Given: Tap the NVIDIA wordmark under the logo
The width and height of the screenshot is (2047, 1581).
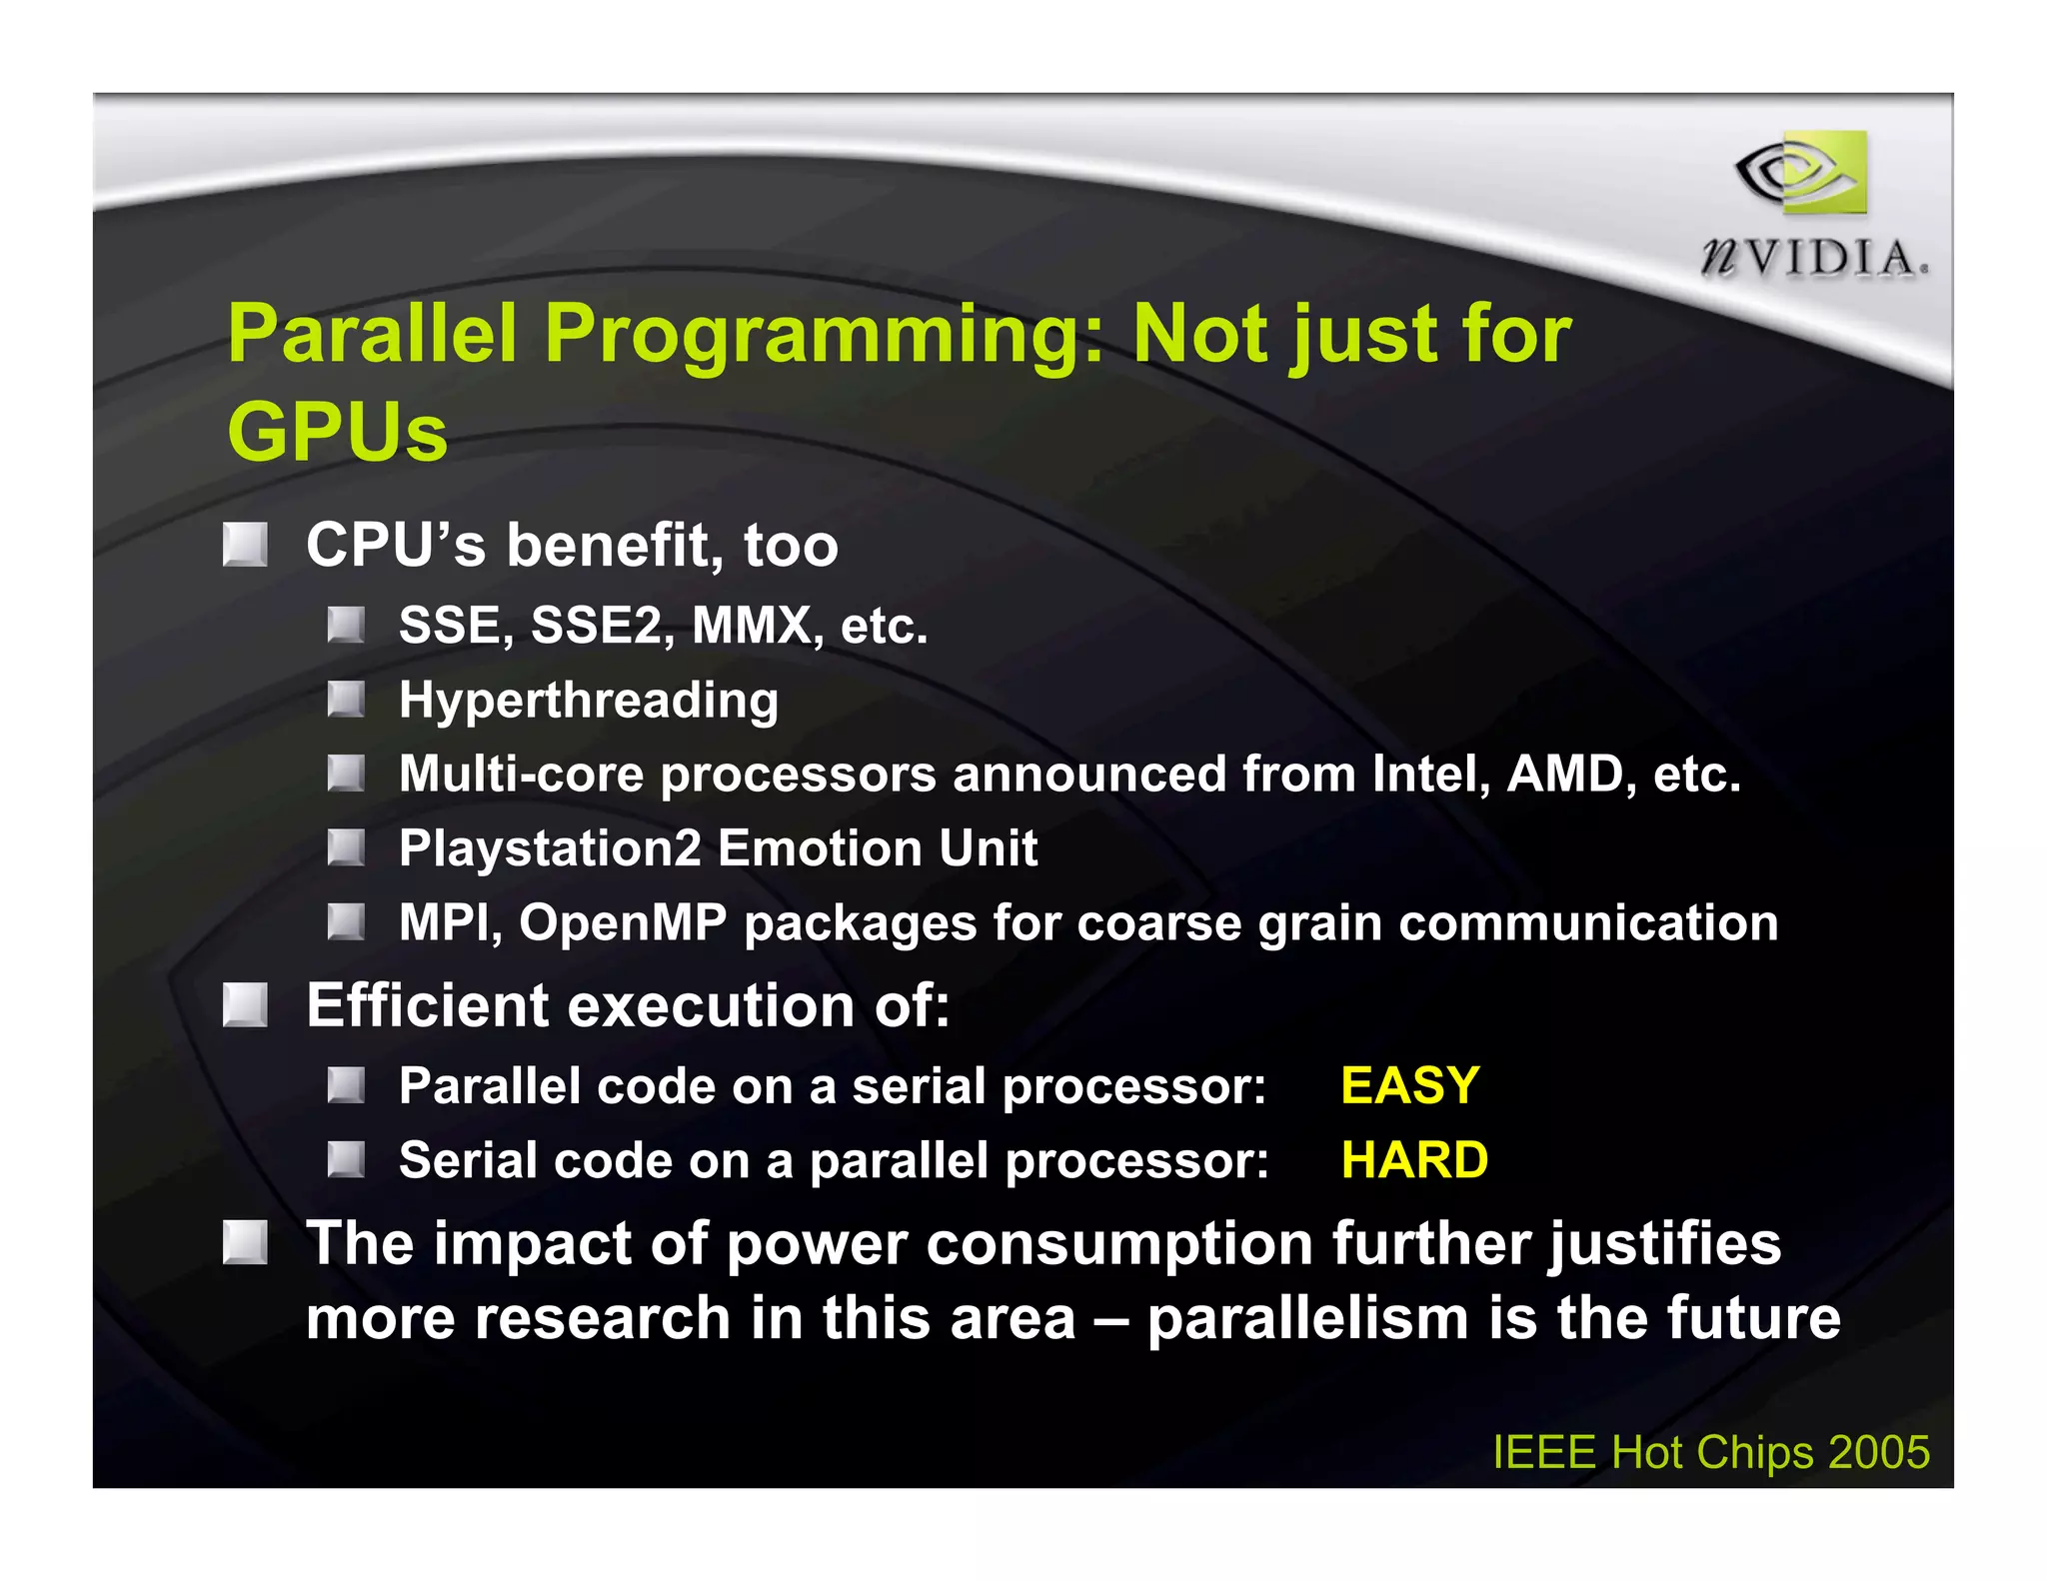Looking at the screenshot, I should (x=1814, y=259).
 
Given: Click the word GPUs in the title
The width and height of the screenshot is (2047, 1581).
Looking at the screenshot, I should (x=337, y=432).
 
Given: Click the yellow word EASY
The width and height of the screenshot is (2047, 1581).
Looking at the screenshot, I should (x=1409, y=1085).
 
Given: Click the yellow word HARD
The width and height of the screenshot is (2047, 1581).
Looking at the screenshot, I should (x=1414, y=1160).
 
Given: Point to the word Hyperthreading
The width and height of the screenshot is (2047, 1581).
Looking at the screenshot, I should (x=588, y=701).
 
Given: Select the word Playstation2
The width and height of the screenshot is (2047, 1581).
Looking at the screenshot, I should (x=550, y=848).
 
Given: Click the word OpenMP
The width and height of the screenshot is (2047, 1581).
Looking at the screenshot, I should (x=623, y=922).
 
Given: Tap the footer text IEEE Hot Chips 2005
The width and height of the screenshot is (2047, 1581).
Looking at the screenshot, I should (x=1710, y=1452).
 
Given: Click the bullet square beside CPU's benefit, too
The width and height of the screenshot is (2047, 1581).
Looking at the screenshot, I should (x=245, y=545).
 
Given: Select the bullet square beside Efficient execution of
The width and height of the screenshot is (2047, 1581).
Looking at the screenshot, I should (x=245, y=1004).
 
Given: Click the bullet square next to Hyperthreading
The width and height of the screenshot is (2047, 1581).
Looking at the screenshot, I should (x=346, y=699).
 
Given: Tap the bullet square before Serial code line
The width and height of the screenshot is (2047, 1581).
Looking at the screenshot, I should (x=346, y=1159).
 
